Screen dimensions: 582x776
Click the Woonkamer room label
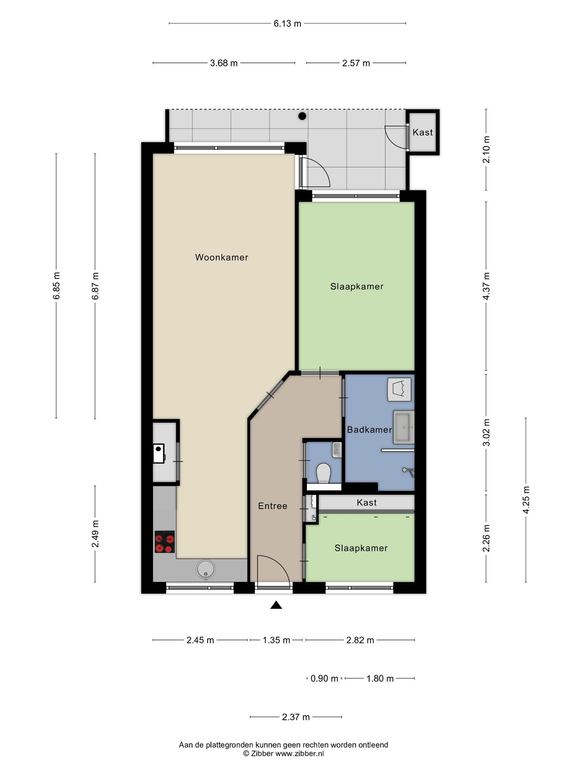point(222,258)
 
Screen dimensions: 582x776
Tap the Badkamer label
point(369,430)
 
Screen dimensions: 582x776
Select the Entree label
point(273,506)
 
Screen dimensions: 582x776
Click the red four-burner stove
point(165,542)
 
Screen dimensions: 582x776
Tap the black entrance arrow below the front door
point(276,605)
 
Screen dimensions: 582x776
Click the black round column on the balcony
point(302,116)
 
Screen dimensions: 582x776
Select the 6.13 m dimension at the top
point(288,23)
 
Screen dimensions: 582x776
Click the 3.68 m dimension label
point(224,63)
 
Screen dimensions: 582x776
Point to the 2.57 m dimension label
point(356,63)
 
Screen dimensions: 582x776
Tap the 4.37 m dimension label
point(486,286)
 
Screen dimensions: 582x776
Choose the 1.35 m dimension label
point(277,640)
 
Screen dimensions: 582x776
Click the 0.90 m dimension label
point(324,679)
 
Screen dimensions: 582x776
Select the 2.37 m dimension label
point(296,717)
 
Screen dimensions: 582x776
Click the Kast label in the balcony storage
point(423,132)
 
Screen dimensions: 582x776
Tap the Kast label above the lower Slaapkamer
point(367,502)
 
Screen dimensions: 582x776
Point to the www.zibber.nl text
point(299,754)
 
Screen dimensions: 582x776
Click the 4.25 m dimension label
point(526,499)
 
